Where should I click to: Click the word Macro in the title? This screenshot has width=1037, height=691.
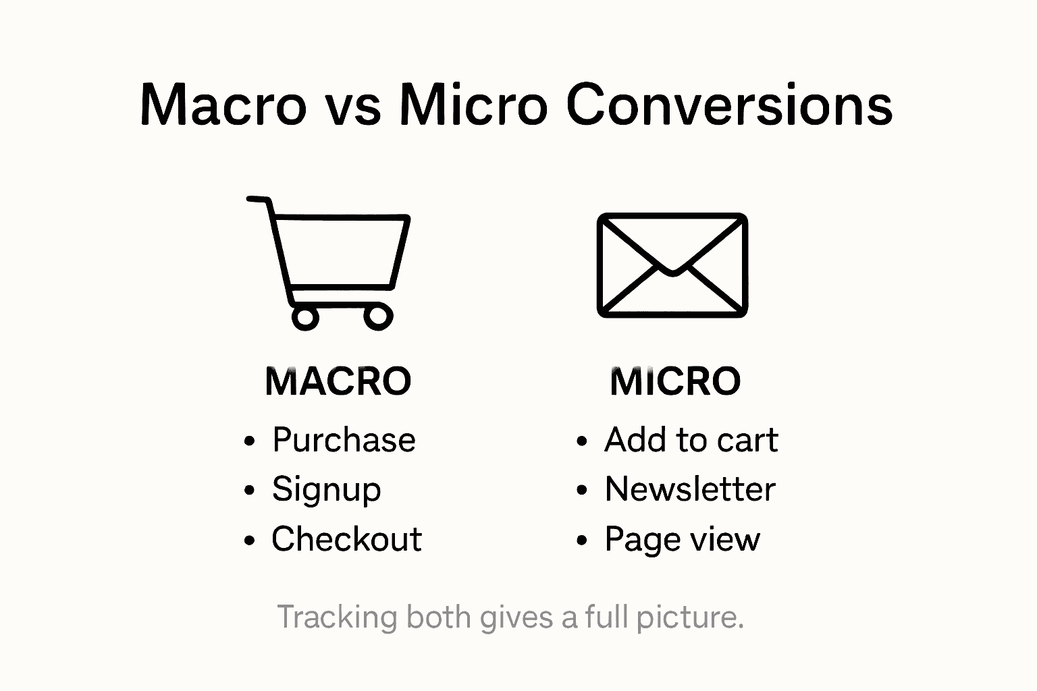coord(223,105)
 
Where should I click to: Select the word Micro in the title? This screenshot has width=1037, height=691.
coord(473,105)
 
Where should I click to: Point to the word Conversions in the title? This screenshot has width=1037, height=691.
coord(729,105)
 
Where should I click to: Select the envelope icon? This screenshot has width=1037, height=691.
coord(672,265)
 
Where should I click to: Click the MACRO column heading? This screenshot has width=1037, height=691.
coord(338,381)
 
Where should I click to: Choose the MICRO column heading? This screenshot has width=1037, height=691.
coord(675,381)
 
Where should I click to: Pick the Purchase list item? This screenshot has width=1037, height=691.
coord(344,441)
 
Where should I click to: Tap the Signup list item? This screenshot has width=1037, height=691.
coord(326,490)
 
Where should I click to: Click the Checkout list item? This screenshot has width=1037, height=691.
coord(346,539)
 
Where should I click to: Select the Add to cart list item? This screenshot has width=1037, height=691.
coord(691,441)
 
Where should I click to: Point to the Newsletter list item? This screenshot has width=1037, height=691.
coord(689,490)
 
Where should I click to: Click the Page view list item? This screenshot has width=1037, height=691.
coord(682,540)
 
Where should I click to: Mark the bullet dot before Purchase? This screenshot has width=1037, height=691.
coord(250,442)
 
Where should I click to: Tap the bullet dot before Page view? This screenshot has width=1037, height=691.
coord(582,541)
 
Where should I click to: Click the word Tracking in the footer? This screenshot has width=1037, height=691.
coord(337,617)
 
